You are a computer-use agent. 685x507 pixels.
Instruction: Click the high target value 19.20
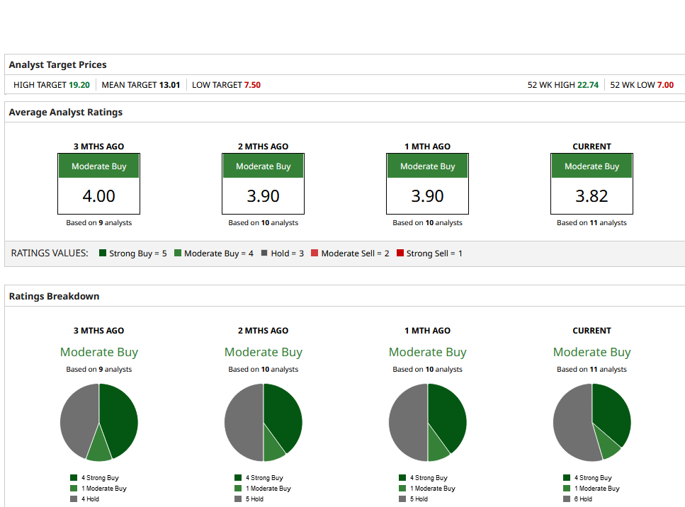click(79, 85)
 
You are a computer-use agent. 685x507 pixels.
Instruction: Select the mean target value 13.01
click(169, 85)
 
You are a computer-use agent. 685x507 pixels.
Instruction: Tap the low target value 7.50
click(252, 85)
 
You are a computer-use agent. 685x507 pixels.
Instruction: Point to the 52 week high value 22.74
click(587, 85)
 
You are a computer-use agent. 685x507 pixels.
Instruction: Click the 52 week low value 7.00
click(665, 85)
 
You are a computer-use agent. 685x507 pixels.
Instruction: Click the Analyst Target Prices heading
click(57, 64)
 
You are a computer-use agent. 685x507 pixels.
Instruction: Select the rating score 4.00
click(98, 196)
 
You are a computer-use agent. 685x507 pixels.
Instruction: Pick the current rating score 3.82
click(591, 196)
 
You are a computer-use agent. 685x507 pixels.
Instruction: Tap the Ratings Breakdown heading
click(54, 296)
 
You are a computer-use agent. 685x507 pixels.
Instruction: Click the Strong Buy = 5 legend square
click(103, 253)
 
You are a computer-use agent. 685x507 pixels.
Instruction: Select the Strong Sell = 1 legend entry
click(429, 253)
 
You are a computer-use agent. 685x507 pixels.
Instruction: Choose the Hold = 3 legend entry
click(283, 253)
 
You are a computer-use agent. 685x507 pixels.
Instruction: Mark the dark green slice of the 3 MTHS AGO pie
click(119, 418)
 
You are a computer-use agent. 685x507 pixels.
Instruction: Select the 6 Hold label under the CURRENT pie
click(584, 499)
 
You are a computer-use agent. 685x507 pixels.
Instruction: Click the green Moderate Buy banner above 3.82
click(591, 166)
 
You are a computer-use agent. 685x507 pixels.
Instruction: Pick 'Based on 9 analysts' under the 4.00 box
click(98, 222)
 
